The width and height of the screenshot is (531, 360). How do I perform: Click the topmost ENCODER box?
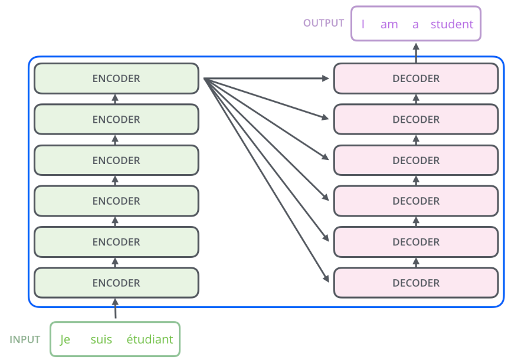116,78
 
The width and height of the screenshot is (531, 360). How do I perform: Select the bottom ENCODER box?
116,283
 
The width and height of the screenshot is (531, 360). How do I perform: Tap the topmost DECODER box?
416,78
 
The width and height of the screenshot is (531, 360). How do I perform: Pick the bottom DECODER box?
416,283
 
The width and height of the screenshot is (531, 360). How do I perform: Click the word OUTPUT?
323,23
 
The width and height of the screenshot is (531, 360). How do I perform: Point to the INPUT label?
25,339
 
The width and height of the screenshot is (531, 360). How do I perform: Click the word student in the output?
452,24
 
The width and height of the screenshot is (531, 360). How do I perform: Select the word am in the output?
389,25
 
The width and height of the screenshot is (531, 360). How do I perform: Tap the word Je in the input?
65,340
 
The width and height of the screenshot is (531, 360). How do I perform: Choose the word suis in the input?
101,339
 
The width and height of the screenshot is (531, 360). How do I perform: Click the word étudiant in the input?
150,339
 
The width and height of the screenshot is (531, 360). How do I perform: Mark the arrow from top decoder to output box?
416,53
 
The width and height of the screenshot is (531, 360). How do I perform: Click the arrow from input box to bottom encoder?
115,308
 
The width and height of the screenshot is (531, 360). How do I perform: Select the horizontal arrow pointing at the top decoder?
266,78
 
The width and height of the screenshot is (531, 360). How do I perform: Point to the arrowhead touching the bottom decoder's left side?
326,279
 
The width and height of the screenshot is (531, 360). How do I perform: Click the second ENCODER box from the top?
116,119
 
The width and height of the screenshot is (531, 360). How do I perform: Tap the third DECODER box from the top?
416,160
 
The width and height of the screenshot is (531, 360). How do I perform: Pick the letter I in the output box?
363,24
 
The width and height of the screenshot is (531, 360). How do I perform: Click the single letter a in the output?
415,25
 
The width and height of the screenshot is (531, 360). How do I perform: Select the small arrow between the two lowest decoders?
416,263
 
